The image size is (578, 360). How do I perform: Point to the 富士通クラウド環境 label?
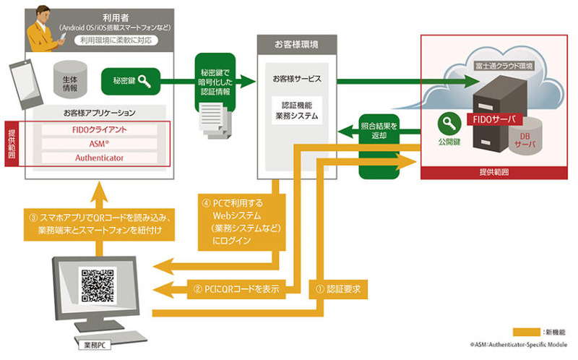click(x=503, y=67)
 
